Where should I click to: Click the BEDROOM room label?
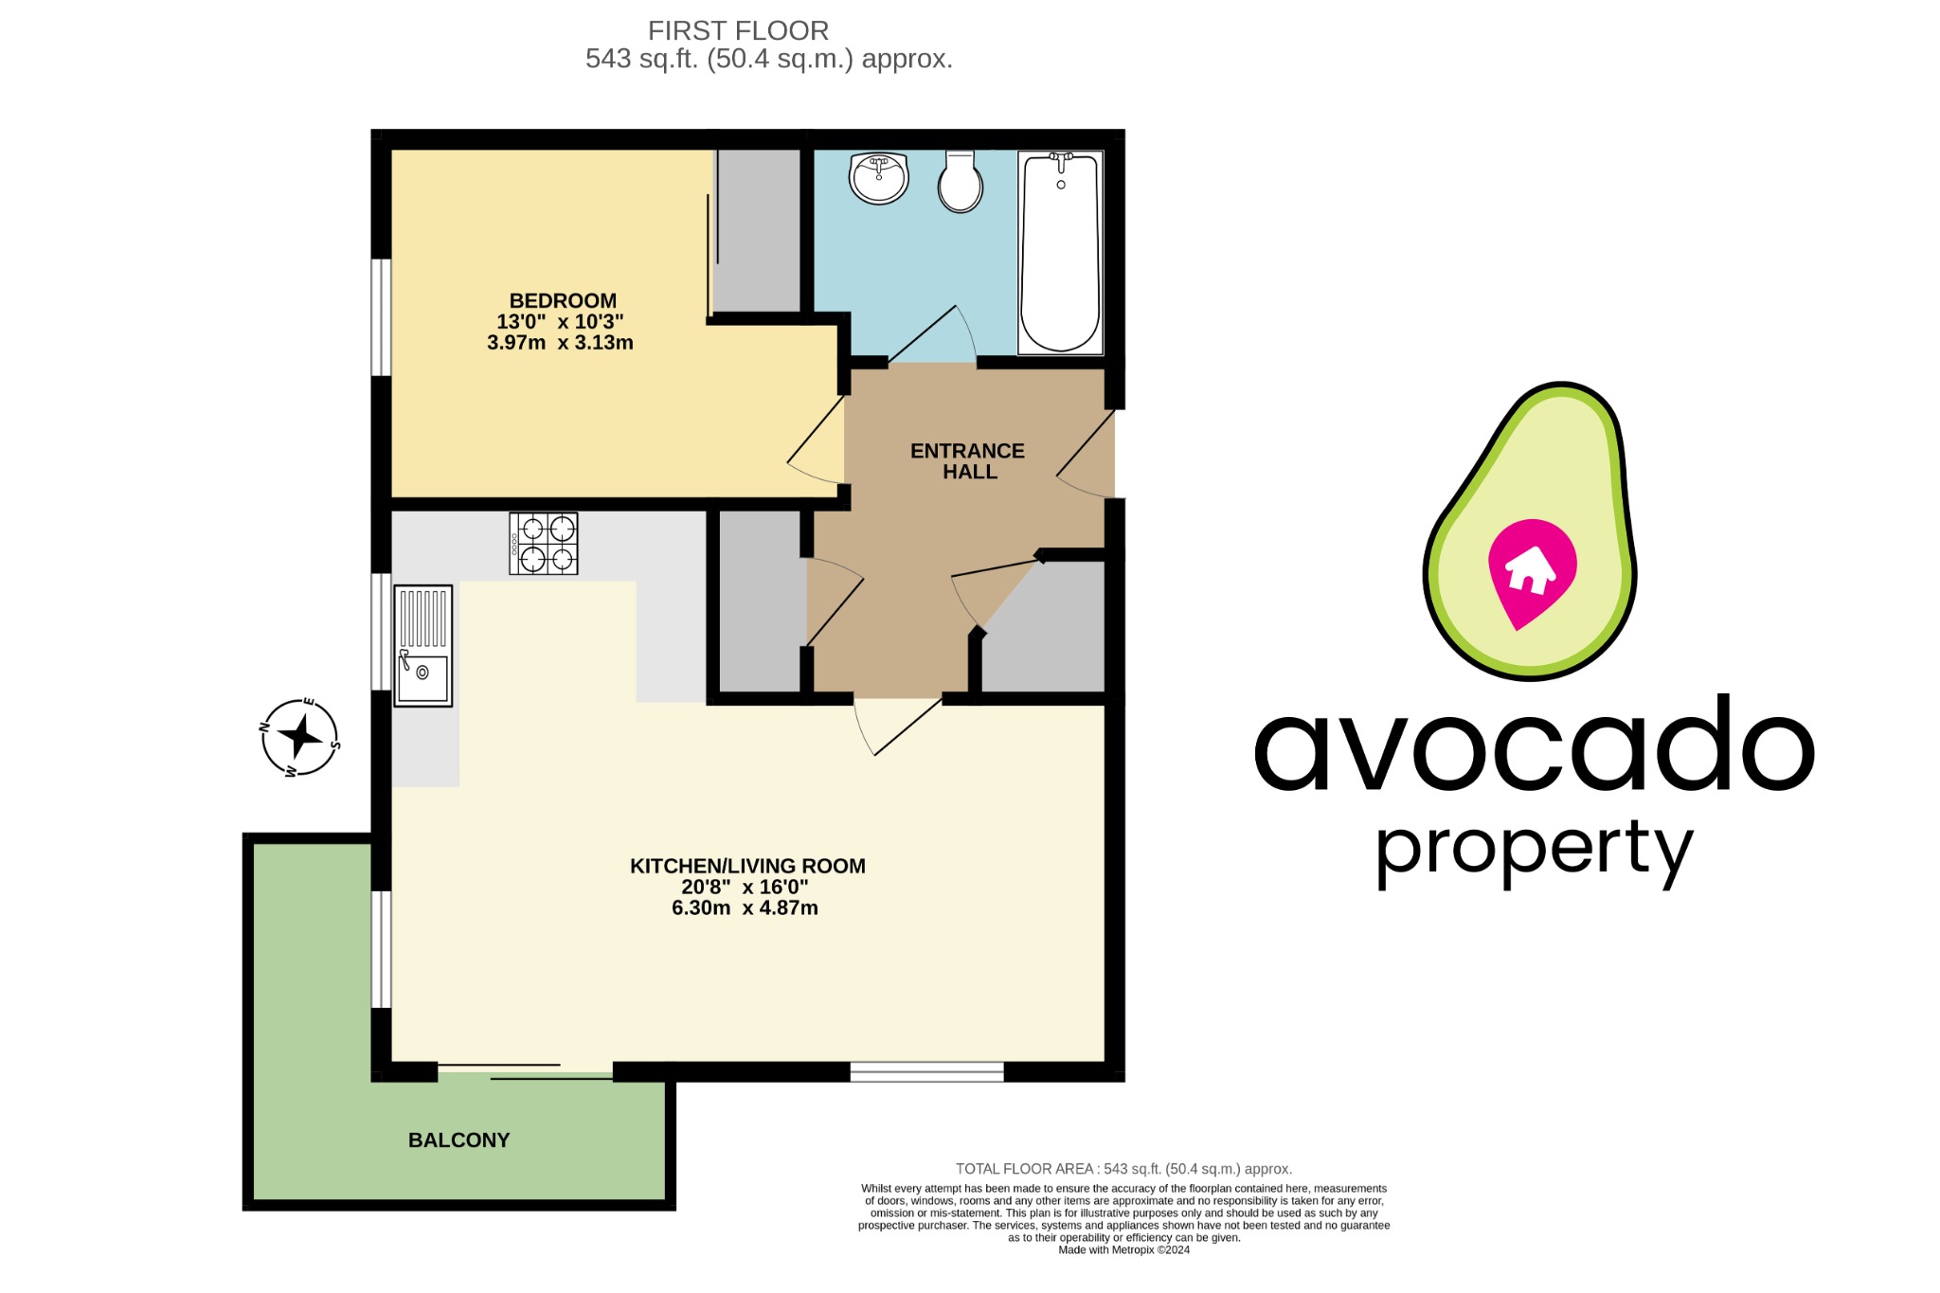pyautogui.click(x=563, y=300)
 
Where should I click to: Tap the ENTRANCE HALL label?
pyautogui.click(x=967, y=461)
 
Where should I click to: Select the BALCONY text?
pyautogui.click(x=458, y=1140)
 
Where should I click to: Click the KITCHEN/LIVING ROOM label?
pyautogui.click(x=747, y=866)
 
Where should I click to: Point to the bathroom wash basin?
pyautogui.click(x=878, y=178)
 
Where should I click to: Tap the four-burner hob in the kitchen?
pyautogui.click(x=544, y=544)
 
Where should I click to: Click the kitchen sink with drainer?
pyautogui.click(x=422, y=646)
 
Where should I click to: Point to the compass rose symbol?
pyautogui.click(x=300, y=737)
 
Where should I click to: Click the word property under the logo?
pyautogui.click(x=1534, y=851)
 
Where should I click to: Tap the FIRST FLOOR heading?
pyautogui.click(x=738, y=31)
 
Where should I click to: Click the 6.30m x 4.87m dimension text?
pyautogui.click(x=745, y=907)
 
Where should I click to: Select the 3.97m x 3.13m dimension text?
pyautogui.click(x=560, y=343)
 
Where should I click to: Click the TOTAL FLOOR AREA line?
pyautogui.click(x=1123, y=1169)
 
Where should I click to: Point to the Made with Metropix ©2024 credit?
pyautogui.click(x=1123, y=1250)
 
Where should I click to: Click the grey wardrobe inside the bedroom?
pyautogui.click(x=758, y=230)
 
